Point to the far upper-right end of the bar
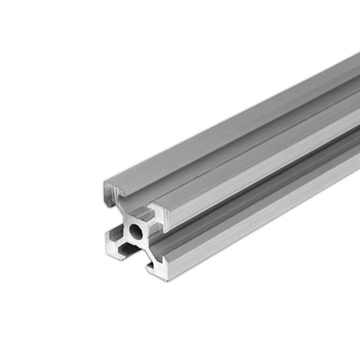(355, 59)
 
